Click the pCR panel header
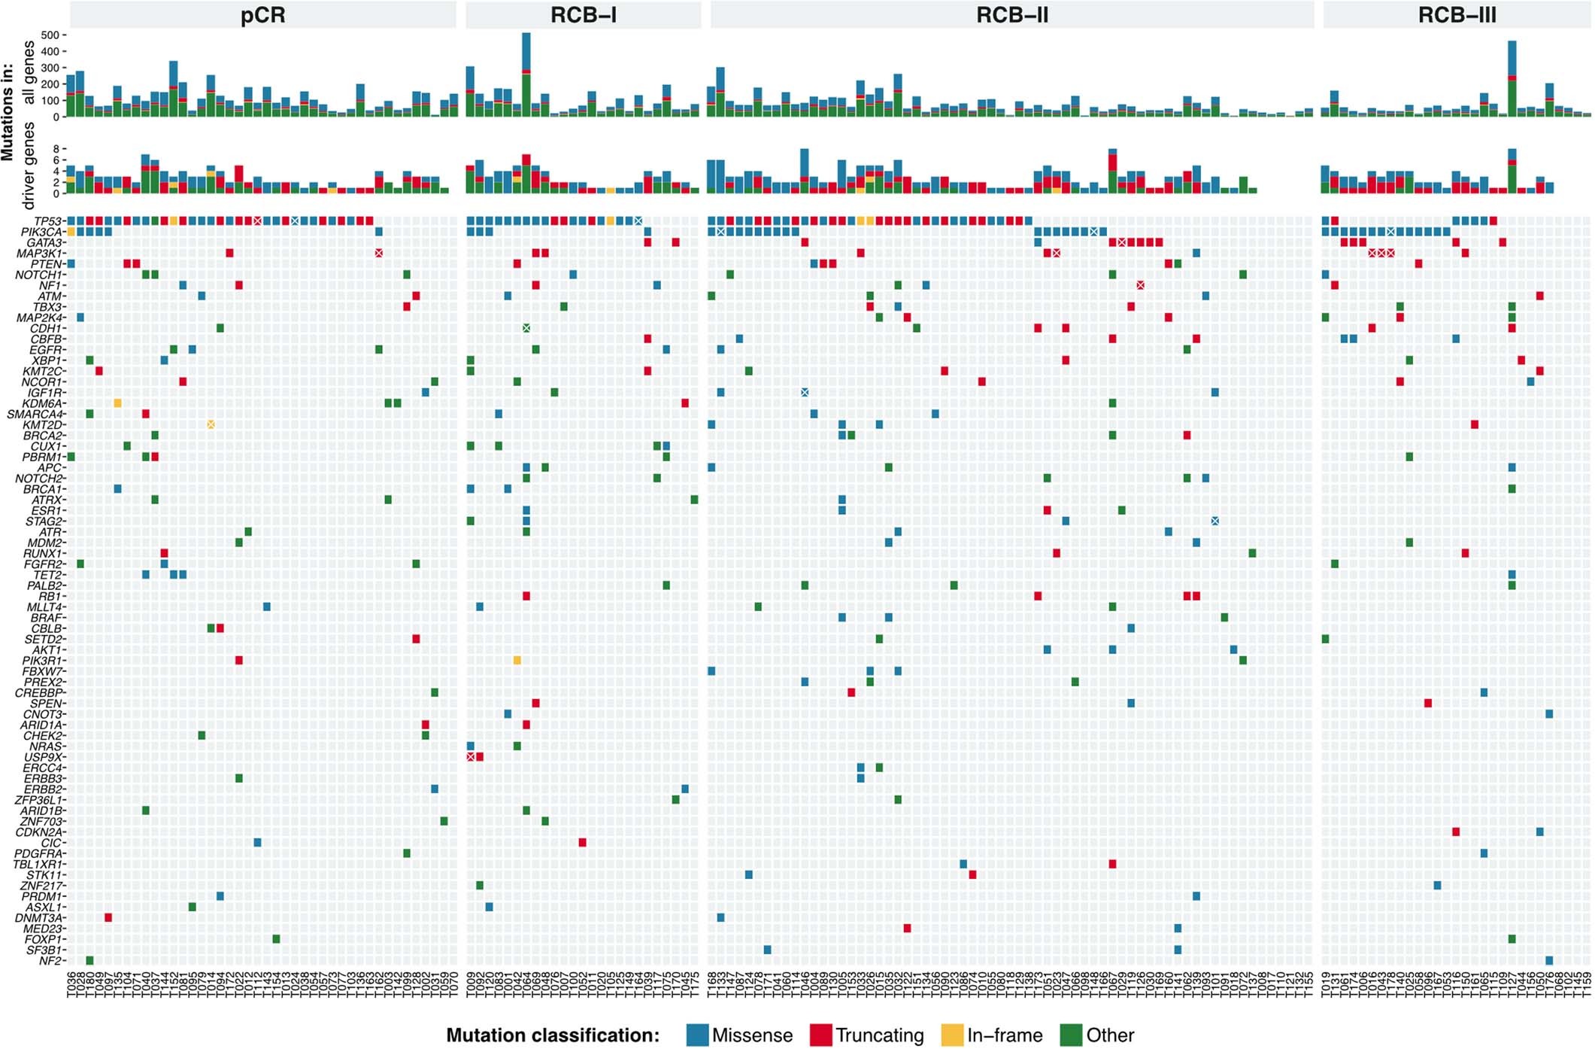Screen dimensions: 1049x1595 [262, 15]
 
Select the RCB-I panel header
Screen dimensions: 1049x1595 [583, 15]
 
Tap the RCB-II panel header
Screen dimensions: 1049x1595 [1011, 15]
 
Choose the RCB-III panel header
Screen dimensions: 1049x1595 [1457, 15]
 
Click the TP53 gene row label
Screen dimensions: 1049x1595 [48, 221]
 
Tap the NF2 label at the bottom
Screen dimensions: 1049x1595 [53, 961]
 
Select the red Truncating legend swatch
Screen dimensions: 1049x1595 [820, 1035]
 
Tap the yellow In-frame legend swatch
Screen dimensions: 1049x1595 [952, 1035]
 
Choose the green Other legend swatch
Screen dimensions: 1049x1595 [1071, 1035]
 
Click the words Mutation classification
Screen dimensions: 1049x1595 [553, 1035]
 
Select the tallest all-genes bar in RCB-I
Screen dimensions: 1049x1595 [526, 75]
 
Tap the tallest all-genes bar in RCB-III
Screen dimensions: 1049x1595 [1512, 79]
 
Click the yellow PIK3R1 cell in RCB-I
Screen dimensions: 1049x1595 [517, 661]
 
